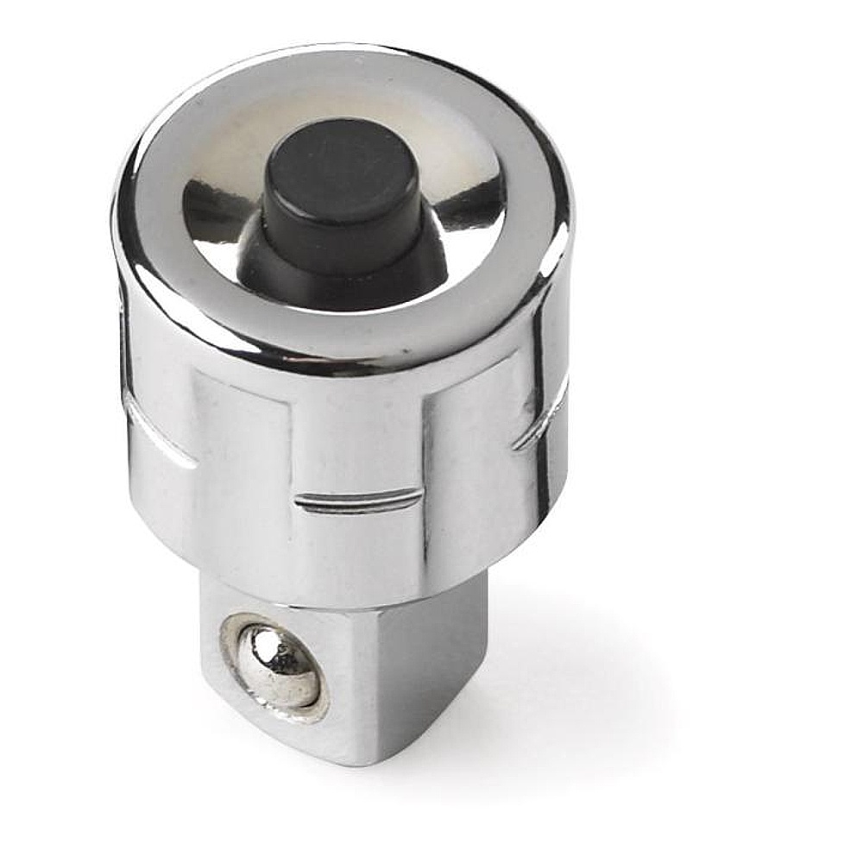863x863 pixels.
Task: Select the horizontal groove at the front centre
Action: click(x=357, y=500)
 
